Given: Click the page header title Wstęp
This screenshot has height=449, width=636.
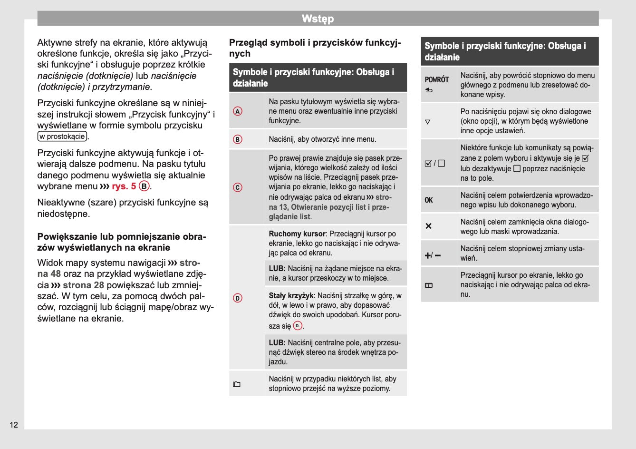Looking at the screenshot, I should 318,19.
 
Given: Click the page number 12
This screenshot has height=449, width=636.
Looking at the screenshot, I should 14,425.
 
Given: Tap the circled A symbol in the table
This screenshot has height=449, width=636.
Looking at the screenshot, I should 238,111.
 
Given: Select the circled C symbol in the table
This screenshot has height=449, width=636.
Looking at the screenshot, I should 238,187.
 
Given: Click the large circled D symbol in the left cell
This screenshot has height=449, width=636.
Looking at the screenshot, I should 238,298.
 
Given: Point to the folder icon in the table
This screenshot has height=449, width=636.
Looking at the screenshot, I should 237,384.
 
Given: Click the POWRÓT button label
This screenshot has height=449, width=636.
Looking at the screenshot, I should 436,80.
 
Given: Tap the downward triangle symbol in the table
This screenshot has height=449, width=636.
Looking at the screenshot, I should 427,122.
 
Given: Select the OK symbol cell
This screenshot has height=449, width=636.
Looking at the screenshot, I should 429,200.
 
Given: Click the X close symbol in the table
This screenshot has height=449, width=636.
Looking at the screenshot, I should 428,226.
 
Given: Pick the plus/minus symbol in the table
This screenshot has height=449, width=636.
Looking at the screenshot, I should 432,255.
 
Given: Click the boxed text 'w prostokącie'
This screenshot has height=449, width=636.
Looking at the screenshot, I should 62,137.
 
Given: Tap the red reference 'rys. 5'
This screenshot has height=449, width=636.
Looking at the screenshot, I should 124,186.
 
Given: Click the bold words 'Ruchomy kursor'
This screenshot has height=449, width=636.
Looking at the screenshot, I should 297,234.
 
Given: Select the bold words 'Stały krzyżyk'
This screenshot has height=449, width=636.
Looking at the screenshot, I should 291,296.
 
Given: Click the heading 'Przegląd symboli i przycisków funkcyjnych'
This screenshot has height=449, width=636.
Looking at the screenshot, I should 315,48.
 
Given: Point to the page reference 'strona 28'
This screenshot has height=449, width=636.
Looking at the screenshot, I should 83,285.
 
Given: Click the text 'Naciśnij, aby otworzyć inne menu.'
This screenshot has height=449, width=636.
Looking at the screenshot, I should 322,139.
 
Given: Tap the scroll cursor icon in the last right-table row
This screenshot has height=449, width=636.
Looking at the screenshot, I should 429,285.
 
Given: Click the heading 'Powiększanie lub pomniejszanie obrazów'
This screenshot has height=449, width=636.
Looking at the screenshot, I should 121,242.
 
